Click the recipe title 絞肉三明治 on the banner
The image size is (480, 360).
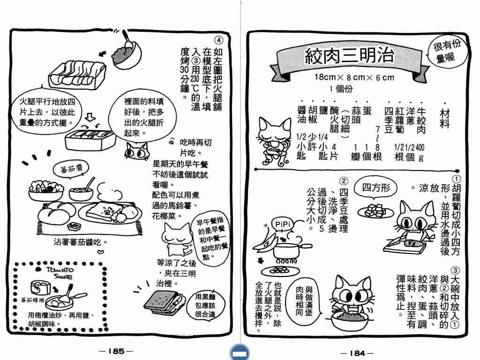[x=349, y=56]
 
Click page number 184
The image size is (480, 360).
[x=357, y=353]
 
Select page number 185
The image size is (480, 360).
[x=116, y=351]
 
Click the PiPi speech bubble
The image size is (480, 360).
[x=282, y=225]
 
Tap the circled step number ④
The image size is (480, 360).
[x=218, y=40]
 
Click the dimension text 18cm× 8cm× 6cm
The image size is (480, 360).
[x=354, y=77]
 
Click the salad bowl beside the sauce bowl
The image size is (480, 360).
[x=46, y=190]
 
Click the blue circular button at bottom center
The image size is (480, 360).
[x=240, y=352]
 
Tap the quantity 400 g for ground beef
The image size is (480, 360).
[x=420, y=152]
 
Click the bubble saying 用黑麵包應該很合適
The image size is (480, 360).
[x=205, y=305]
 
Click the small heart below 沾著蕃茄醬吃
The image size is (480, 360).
[x=100, y=252]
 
